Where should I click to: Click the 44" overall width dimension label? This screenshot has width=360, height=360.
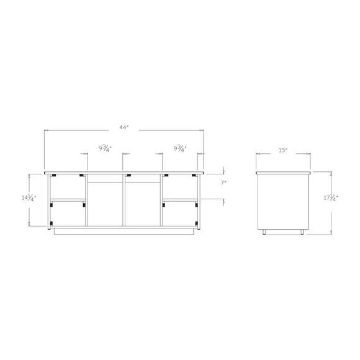[x=124, y=127]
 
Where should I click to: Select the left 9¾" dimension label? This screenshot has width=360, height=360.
[x=105, y=148]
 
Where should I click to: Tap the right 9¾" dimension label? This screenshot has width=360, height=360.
[x=180, y=148]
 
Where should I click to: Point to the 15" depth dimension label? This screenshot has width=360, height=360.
[x=283, y=150]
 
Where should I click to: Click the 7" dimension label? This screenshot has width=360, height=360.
[x=223, y=183]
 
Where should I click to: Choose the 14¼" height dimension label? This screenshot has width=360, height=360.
[x=29, y=198]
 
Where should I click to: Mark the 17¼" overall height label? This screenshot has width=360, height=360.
[x=331, y=198]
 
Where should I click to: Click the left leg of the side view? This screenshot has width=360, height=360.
[x=264, y=232]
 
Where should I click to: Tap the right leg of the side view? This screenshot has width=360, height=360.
[x=302, y=232]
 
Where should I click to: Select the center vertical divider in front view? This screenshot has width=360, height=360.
[x=124, y=200]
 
